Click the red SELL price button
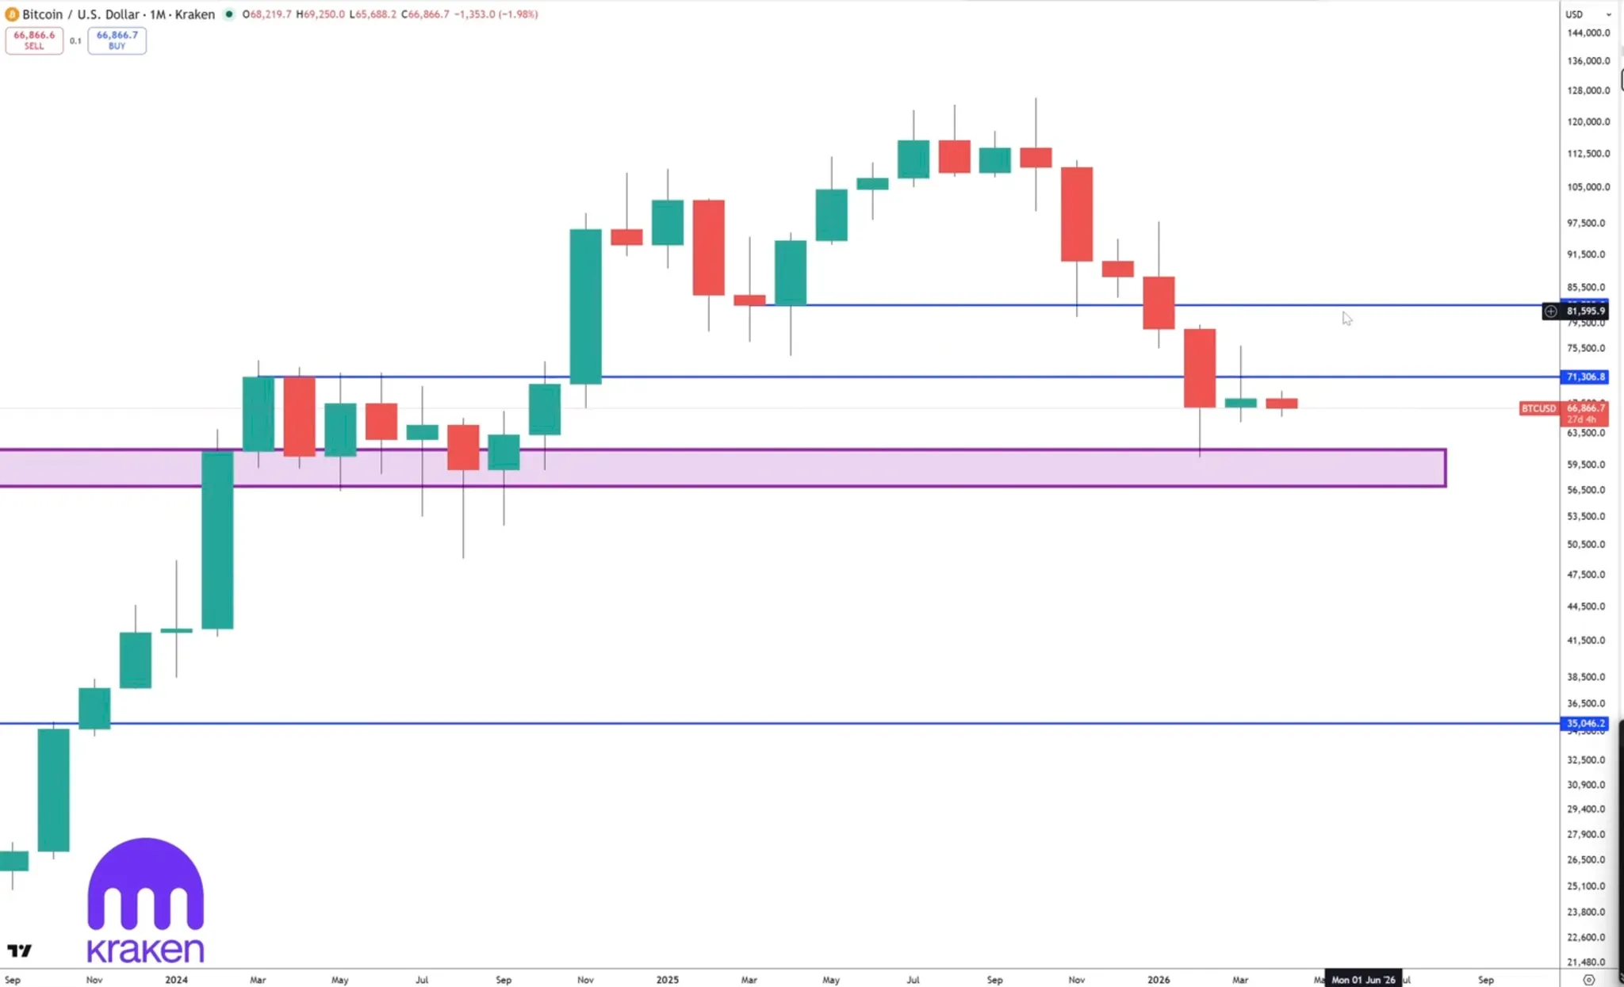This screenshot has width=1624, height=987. tap(34, 40)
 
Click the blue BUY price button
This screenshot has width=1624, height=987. tap(117, 40)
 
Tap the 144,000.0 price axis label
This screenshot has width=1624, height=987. tap(1588, 33)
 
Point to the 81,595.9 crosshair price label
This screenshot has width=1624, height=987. tap(1584, 311)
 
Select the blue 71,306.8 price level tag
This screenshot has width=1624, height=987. tap(1584, 377)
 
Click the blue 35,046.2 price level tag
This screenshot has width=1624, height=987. tap(1584, 723)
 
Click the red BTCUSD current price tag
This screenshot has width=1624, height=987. tap(1538, 408)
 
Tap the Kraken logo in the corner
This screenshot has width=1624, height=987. tap(145, 900)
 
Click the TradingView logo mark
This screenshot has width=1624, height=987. tap(20, 950)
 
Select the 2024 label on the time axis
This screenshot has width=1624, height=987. tap(176, 980)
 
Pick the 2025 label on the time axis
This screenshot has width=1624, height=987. tap(667, 980)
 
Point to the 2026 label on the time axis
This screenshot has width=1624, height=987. tap(1158, 980)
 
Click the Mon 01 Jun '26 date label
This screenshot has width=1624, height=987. tap(1362, 980)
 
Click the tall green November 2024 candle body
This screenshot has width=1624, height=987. tap(585, 306)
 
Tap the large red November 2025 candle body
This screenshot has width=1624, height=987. tap(1077, 214)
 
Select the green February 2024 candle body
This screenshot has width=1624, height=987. tap(217, 540)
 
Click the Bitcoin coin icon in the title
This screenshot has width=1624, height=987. tap(12, 14)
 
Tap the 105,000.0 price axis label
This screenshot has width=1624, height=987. tap(1588, 187)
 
